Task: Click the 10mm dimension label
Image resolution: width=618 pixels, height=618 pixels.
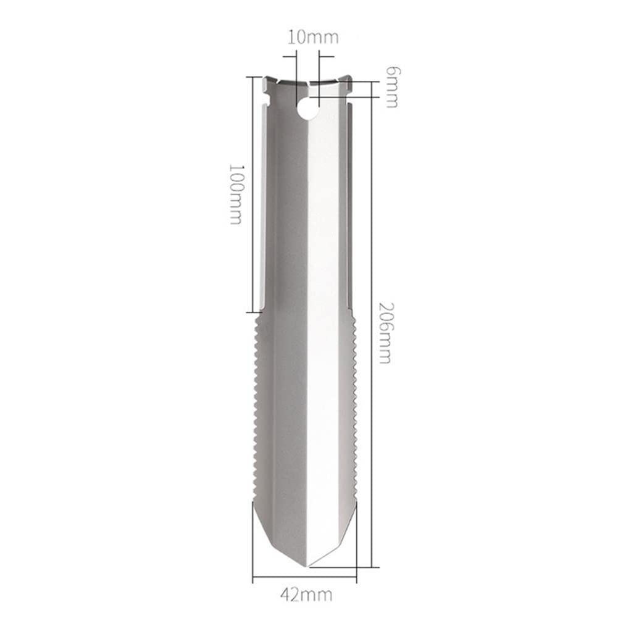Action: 313,38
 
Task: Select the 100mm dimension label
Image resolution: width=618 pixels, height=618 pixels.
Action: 236,194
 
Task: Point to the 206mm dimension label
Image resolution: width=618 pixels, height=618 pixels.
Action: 385,333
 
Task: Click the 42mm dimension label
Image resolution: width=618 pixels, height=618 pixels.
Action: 306,595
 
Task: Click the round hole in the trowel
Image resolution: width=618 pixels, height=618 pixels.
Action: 308,109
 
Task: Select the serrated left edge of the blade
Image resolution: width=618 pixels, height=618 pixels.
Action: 257,408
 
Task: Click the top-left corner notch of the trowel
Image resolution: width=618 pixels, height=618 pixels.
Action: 266,94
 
